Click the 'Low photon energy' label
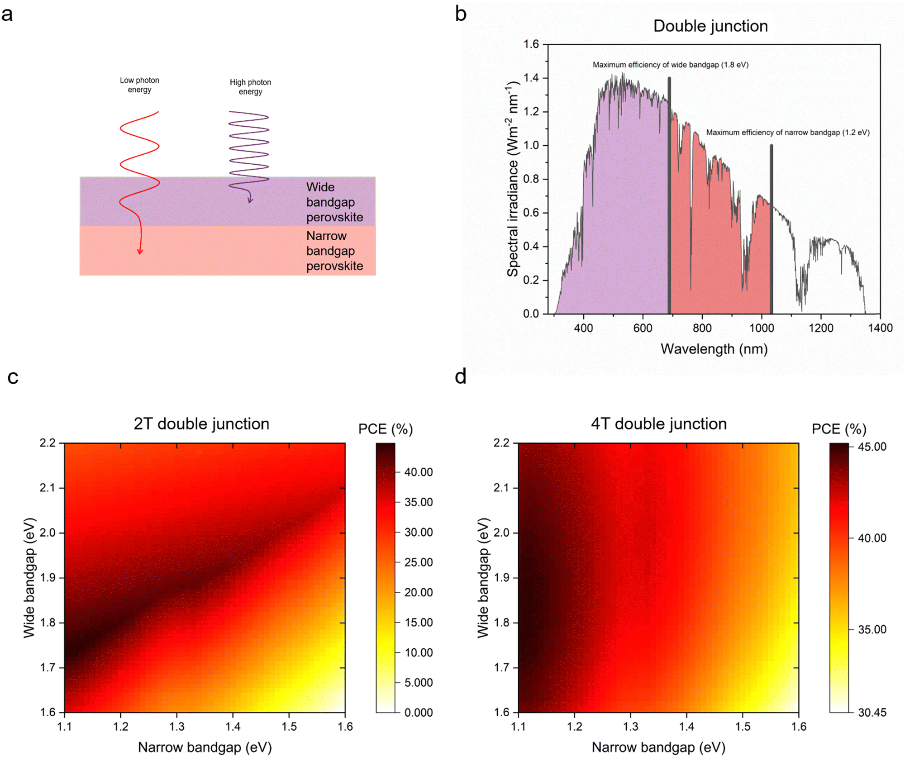click(x=139, y=85)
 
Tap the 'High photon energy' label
click(x=250, y=87)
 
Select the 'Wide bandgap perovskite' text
click(x=334, y=202)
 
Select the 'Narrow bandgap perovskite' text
click(x=334, y=251)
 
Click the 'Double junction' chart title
click(x=710, y=26)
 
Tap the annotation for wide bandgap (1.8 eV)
click(x=671, y=65)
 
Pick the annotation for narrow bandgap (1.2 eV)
click(x=788, y=133)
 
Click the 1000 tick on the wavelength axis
click(x=762, y=328)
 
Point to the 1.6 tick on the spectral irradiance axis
click(x=531, y=44)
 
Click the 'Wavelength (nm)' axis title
click(x=714, y=349)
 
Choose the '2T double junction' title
click(x=201, y=424)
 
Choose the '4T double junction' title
click(x=659, y=424)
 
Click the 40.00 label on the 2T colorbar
click(x=419, y=472)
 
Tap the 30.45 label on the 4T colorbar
click(x=872, y=713)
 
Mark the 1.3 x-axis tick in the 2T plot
click(x=177, y=727)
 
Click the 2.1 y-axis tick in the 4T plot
click(x=502, y=488)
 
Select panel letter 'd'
click(x=461, y=376)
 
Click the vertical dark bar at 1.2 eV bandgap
click(x=772, y=229)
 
